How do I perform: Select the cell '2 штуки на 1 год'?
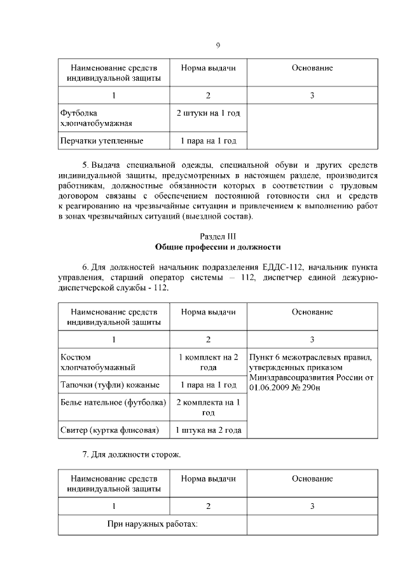click(208, 113)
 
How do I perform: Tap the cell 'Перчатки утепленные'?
click(101, 140)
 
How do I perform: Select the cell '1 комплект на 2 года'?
click(208, 362)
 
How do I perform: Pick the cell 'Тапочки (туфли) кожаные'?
click(109, 384)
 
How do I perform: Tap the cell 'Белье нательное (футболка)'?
click(113, 402)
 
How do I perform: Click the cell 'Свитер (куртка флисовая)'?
click(108, 430)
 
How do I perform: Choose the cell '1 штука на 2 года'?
click(208, 430)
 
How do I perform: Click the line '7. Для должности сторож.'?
click(132, 456)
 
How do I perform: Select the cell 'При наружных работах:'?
click(152, 524)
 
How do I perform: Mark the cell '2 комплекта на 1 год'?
click(208, 407)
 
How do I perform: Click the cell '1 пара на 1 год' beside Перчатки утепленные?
click(208, 140)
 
